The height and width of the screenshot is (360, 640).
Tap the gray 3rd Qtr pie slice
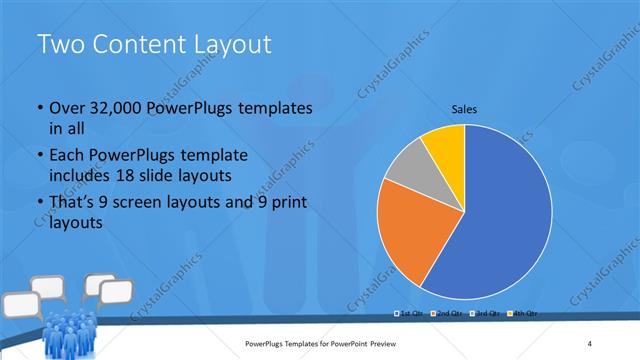[x=409, y=170]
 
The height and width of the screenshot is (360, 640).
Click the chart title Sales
[x=465, y=108]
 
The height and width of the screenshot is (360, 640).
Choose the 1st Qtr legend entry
[x=411, y=313]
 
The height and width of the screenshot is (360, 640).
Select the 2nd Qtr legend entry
[x=447, y=313]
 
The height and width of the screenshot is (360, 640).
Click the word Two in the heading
[x=61, y=44]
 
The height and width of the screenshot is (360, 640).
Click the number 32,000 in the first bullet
[x=119, y=108]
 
